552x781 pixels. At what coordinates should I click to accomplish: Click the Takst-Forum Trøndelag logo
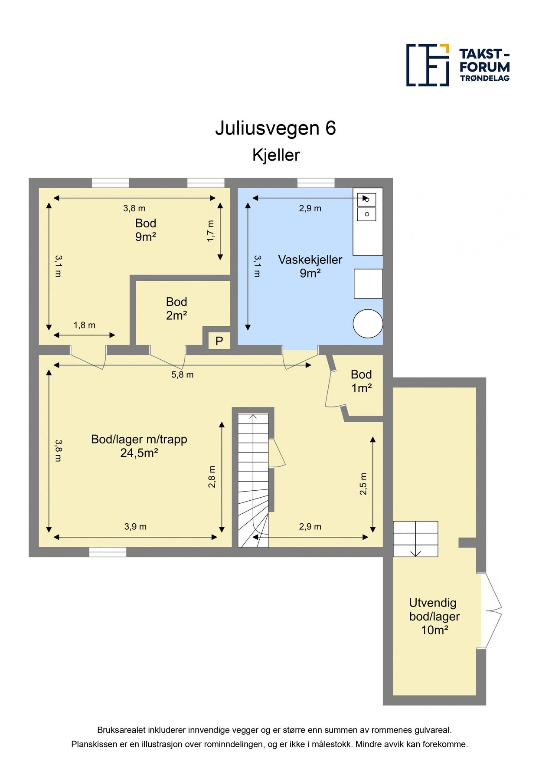[x=457, y=65]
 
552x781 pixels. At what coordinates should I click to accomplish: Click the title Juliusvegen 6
[x=275, y=128]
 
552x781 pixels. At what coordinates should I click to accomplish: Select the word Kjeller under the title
[x=276, y=155]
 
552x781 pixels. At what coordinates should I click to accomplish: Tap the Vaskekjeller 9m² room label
[x=310, y=266]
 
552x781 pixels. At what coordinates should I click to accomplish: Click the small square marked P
[x=219, y=341]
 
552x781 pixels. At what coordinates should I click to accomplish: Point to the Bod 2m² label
[x=176, y=308]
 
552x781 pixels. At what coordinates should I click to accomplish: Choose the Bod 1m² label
[x=361, y=381]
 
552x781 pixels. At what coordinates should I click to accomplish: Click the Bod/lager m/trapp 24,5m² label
[x=139, y=446]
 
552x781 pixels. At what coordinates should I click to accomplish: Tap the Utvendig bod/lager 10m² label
[x=434, y=616]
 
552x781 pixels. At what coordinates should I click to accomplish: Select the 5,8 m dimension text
[x=182, y=374]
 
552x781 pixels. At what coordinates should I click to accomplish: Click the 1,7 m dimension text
[x=210, y=231]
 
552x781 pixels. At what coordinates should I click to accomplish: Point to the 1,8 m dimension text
[x=84, y=325]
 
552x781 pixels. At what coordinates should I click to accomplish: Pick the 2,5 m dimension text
[x=363, y=483]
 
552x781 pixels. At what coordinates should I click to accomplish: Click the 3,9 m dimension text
[x=135, y=526]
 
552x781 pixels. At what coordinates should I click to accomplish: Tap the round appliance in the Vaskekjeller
[x=368, y=323]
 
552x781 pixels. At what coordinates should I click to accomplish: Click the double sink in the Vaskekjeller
[x=366, y=207]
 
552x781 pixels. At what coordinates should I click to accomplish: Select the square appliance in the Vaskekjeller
[x=368, y=283]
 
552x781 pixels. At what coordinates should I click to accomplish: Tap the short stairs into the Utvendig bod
[x=415, y=539]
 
